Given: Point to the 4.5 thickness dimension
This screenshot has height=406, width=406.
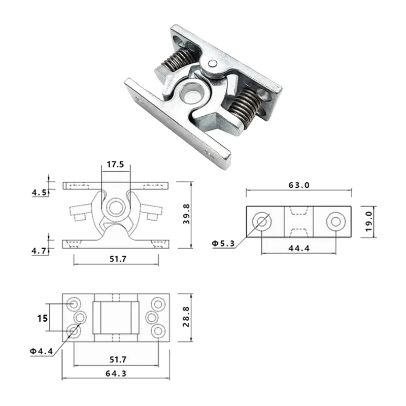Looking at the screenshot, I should [x=39, y=192].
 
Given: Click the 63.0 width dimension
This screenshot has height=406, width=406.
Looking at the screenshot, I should [x=299, y=185].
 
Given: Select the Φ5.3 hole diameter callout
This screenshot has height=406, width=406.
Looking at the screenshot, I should [x=223, y=244].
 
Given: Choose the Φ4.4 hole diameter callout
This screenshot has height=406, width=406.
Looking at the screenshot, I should [x=41, y=352].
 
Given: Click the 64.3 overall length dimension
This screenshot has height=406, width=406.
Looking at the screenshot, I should [x=116, y=373].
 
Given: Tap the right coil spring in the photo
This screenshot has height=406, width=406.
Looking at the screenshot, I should [x=244, y=106].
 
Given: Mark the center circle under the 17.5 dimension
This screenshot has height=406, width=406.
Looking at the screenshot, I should [x=116, y=206].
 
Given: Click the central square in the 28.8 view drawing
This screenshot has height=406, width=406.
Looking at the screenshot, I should [x=116, y=317].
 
